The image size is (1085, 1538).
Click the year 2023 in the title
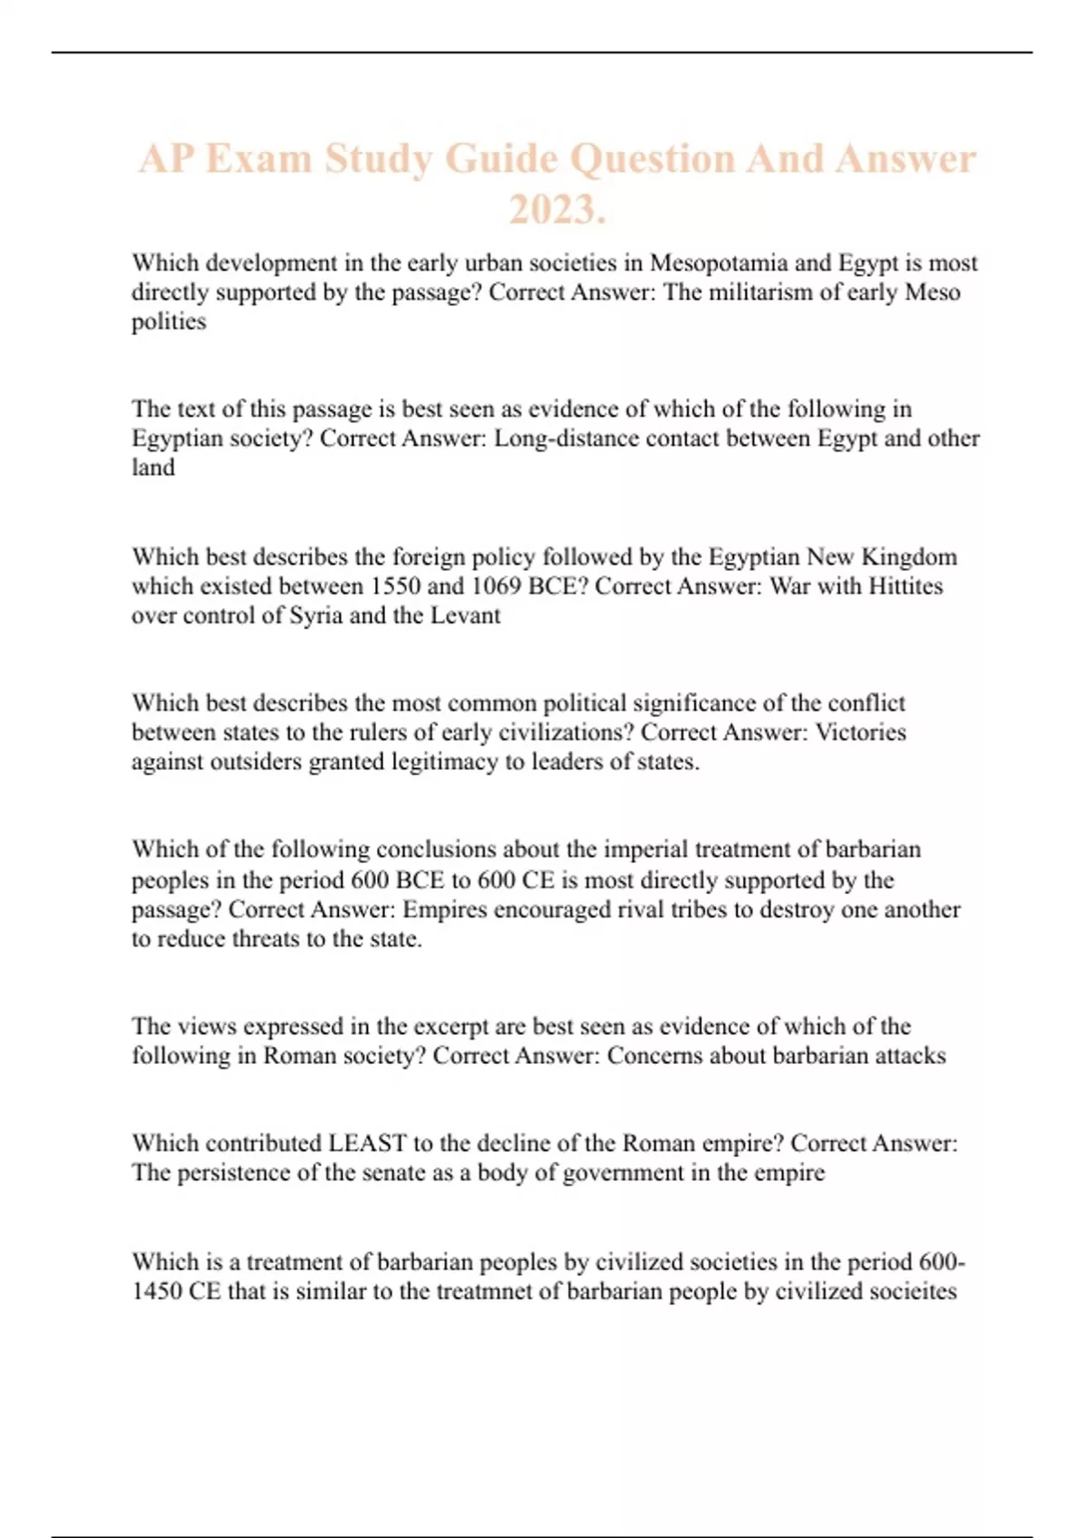coord(554,210)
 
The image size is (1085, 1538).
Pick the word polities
coord(168,321)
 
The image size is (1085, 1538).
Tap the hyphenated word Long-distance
coord(565,438)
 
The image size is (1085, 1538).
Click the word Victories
coord(860,732)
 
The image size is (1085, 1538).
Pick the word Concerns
coord(654,1056)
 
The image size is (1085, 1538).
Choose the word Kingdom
coord(909,556)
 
